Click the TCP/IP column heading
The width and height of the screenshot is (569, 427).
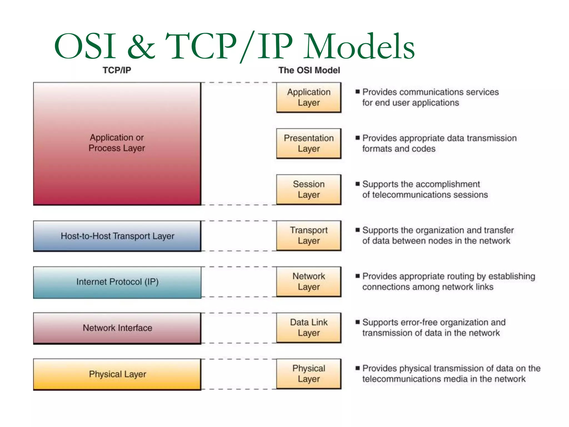pyautogui.click(x=117, y=70)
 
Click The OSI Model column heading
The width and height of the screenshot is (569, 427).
pyautogui.click(x=309, y=70)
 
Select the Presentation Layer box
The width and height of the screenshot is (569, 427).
pyautogui.click(x=309, y=143)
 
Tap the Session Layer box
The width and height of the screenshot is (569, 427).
pyautogui.click(x=309, y=190)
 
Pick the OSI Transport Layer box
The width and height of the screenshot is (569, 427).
pyautogui.click(x=309, y=235)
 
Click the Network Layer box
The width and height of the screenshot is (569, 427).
pyautogui.click(x=309, y=282)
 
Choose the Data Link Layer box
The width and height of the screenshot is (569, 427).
pyautogui.click(x=309, y=328)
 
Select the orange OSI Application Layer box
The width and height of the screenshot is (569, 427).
pyautogui.click(x=309, y=97)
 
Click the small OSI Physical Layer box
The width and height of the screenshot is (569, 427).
pyautogui.click(x=309, y=374)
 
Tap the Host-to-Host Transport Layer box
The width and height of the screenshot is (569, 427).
pyautogui.click(x=117, y=236)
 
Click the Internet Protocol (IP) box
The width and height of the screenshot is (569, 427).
pyautogui.click(x=117, y=282)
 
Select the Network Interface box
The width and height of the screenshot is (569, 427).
pyautogui.click(x=117, y=328)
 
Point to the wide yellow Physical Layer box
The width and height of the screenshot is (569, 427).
pyautogui.click(x=117, y=374)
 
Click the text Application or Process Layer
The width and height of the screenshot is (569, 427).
pyautogui.click(x=117, y=143)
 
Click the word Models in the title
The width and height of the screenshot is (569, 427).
pyautogui.click(x=359, y=47)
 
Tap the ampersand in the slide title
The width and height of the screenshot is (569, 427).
pyautogui.click(x=141, y=47)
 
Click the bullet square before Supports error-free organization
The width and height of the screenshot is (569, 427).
pyautogui.click(x=358, y=322)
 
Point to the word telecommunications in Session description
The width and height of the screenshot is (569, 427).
pyautogui.click(x=411, y=195)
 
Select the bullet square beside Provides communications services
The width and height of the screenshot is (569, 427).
pyautogui.click(x=358, y=92)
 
